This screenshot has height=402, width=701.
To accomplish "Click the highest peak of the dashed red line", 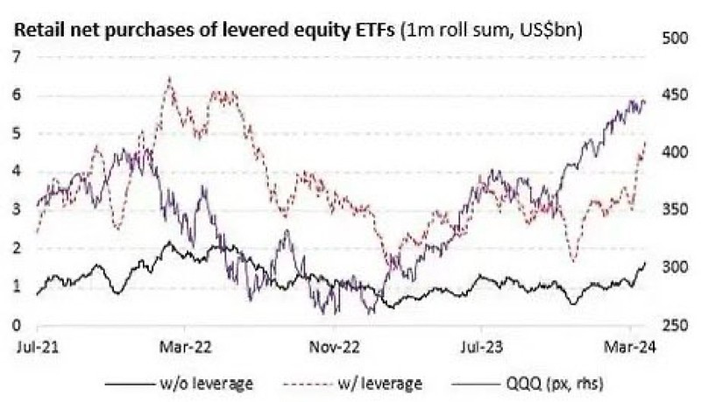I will click(169, 78).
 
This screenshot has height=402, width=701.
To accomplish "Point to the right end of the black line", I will click(646, 263).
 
